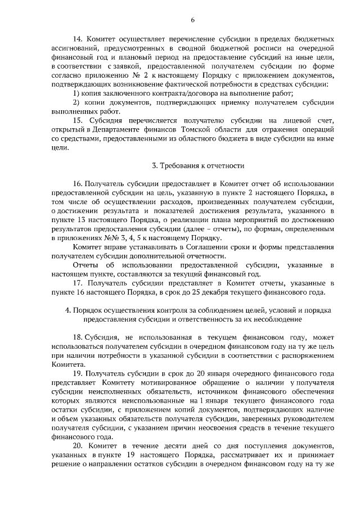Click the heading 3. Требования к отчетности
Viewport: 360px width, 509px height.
(x=198, y=166)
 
